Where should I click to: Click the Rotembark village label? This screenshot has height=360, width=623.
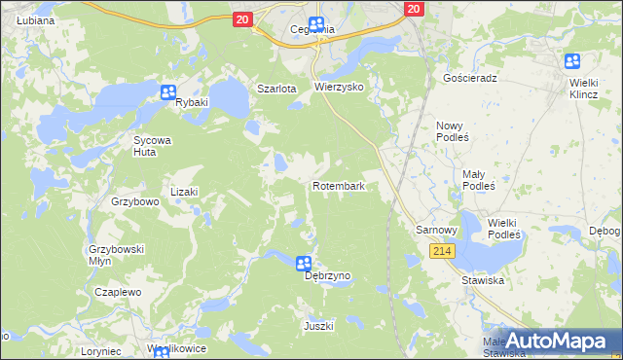338,185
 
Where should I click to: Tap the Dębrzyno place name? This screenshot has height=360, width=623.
327,276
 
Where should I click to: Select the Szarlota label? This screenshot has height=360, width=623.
275,89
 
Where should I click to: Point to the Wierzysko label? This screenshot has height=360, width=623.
339,87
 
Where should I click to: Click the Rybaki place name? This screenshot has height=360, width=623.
193,107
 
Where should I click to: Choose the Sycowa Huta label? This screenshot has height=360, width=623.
152,146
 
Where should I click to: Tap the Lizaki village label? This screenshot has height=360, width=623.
184,192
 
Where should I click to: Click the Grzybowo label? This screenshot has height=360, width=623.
134,202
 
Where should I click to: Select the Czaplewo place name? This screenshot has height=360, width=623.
119,291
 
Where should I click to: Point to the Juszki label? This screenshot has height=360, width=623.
319,325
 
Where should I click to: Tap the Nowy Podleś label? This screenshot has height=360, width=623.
453,132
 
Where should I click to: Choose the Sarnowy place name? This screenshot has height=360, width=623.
436,230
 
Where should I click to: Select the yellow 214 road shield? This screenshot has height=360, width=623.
442,251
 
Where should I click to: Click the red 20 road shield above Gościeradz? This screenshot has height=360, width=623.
414,8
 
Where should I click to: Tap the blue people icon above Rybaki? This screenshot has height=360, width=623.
167,92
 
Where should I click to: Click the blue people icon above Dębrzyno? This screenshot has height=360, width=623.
304,263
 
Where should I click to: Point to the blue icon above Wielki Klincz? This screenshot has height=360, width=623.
572,60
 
